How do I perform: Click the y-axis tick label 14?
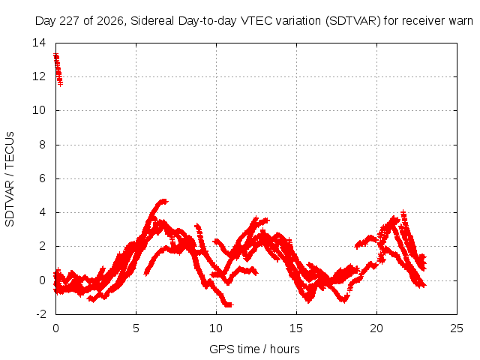pyautogui.click(x=39, y=43)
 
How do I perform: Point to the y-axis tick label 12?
pyautogui.click(x=39, y=76)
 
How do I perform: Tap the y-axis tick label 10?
pyautogui.click(x=39, y=110)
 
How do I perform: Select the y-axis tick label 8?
pyautogui.click(x=43, y=145)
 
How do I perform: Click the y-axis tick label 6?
pyautogui.click(x=43, y=178)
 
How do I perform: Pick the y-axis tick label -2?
pyautogui.click(x=41, y=314)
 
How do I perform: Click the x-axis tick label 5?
pyautogui.click(x=136, y=328)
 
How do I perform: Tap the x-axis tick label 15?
pyautogui.click(x=296, y=328)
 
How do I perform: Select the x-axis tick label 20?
pyautogui.click(x=376, y=328)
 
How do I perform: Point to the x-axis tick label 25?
pyautogui.click(x=457, y=328)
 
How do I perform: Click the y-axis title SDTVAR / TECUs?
pyautogui.click(x=10, y=179)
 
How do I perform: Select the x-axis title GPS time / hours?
pyautogui.click(x=254, y=349)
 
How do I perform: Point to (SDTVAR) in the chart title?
pyautogui.click(x=353, y=21)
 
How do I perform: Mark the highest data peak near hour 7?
pyautogui.click(x=164, y=202)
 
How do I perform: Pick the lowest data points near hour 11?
pyautogui.click(x=229, y=304)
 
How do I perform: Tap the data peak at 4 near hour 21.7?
pyautogui.click(x=403, y=212)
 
